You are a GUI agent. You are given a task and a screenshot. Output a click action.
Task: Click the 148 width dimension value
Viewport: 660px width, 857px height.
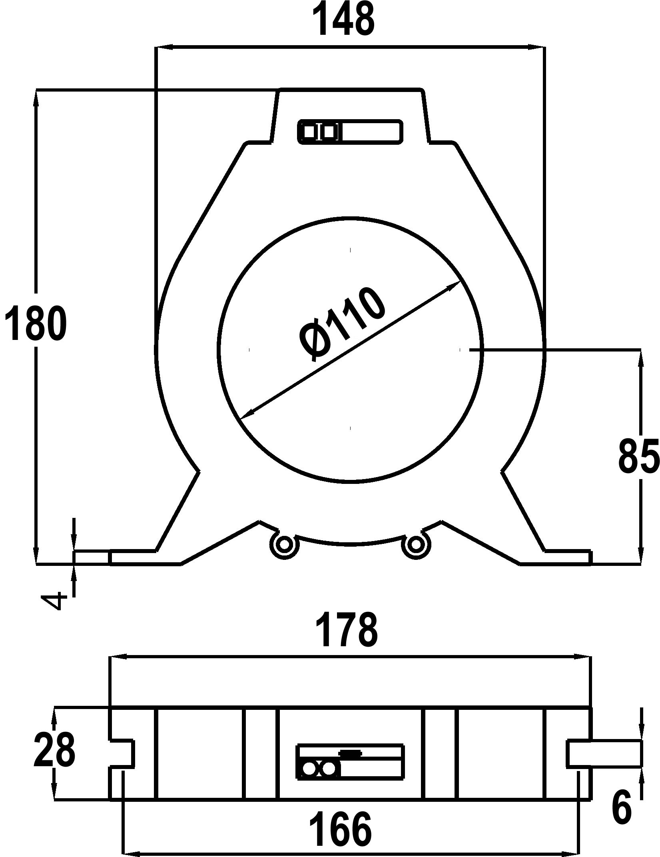point(346,19)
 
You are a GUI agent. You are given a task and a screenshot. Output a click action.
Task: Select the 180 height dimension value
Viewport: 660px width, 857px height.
point(35,323)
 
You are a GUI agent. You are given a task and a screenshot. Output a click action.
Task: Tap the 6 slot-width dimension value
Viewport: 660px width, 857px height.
point(622,808)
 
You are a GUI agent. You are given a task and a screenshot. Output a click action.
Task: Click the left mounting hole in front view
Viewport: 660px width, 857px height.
point(284,544)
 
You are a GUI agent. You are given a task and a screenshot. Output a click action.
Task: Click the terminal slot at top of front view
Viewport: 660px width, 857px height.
point(350,132)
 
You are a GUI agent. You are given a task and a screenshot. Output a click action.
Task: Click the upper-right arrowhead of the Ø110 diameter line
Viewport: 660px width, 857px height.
point(455,284)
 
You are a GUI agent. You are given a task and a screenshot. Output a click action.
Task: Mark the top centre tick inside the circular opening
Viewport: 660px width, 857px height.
point(351,250)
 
